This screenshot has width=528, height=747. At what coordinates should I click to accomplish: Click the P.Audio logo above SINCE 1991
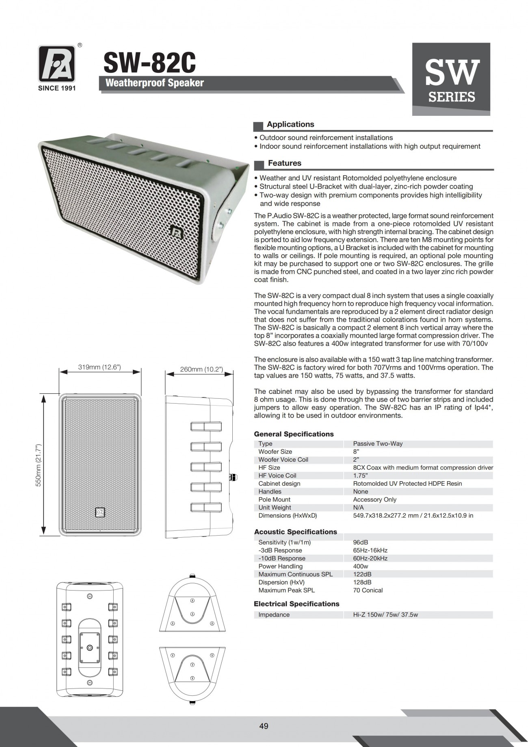[x=56, y=64]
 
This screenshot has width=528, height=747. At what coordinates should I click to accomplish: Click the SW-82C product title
[x=149, y=63]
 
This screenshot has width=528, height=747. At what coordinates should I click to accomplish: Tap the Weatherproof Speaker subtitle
[x=154, y=83]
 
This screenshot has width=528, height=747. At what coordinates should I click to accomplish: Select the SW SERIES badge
[x=451, y=79]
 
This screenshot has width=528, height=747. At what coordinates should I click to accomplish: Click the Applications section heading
[x=290, y=124]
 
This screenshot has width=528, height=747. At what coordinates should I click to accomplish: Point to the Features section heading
[x=284, y=163]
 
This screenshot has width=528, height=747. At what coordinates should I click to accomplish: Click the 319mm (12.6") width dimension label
[x=100, y=367]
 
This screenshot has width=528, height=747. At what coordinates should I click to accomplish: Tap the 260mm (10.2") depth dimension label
[x=201, y=369]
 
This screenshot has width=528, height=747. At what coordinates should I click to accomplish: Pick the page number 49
[x=264, y=726]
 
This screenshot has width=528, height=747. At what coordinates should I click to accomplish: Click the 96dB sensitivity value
[x=361, y=543]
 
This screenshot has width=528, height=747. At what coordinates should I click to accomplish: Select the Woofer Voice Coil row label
[x=283, y=460]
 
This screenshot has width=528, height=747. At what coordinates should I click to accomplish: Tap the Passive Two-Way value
[x=378, y=444]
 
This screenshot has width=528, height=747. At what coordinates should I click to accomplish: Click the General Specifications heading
[x=294, y=434]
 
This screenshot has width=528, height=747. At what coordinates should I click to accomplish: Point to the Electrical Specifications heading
[x=296, y=604]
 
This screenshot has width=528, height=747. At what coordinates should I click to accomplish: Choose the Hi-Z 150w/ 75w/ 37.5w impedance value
[x=385, y=615]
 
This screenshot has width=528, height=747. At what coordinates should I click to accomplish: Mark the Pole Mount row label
[x=274, y=499]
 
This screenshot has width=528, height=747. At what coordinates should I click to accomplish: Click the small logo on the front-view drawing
[x=100, y=512]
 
